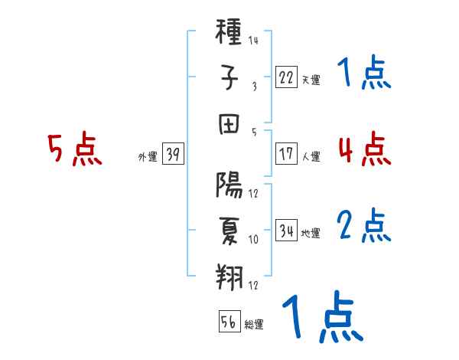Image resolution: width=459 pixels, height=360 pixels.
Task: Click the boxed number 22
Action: coord(286,77)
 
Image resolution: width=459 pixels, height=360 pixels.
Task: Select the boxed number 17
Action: coord(286,153)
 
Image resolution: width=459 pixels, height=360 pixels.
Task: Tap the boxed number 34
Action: coord(286,230)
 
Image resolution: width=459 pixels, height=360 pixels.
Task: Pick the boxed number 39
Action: coord(172,154)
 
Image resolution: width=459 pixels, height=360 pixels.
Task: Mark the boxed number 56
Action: coord(229,322)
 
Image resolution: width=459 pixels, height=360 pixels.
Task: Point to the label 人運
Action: coord(311,156)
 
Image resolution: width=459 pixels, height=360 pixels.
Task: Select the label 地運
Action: coord(311,233)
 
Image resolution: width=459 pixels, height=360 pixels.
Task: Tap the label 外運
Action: coord(148,156)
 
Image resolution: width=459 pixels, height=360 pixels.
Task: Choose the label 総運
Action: coord(254,325)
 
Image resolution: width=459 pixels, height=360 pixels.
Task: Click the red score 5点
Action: coord(75,149)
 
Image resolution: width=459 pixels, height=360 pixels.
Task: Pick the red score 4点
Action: coord(364,148)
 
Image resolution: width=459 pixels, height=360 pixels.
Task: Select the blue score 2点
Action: coord(364,226)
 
